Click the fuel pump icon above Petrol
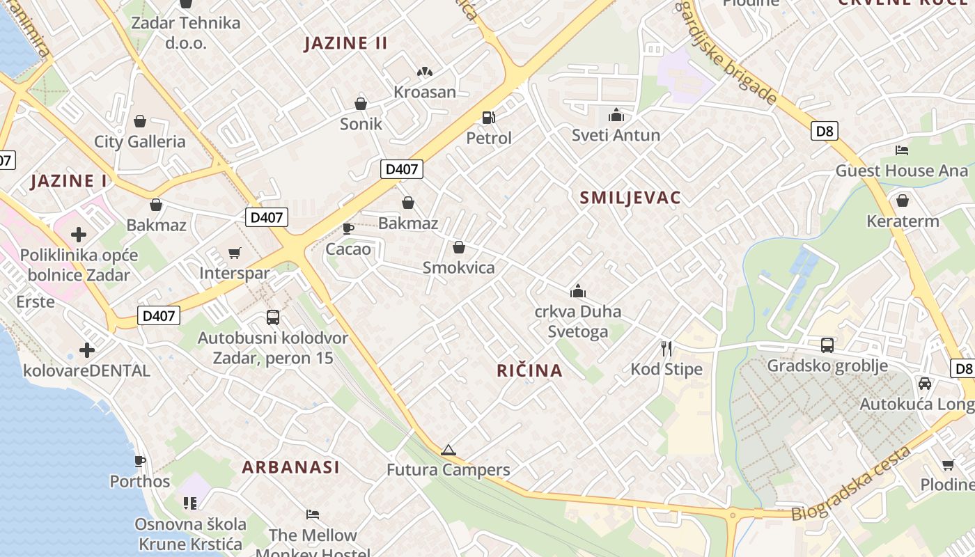click(489, 118)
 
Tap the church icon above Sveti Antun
click(616, 115)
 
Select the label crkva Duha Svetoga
click(577, 321)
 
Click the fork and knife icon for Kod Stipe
click(666, 348)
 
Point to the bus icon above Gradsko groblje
click(827, 345)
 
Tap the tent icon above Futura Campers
click(448, 450)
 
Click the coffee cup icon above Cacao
click(348, 228)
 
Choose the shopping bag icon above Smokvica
click(458, 247)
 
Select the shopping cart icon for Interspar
click(234, 253)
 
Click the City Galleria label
click(140, 142)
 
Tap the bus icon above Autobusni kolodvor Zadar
click(273, 317)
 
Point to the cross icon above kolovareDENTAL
click(87, 350)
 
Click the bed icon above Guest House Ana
click(902, 150)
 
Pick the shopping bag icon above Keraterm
click(903, 201)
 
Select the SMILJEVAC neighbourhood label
click(630, 198)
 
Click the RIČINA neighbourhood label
click(529, 370)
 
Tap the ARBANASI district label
click(290, 467)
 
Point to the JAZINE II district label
click(345, 43)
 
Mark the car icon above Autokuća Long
click(925, 384)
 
